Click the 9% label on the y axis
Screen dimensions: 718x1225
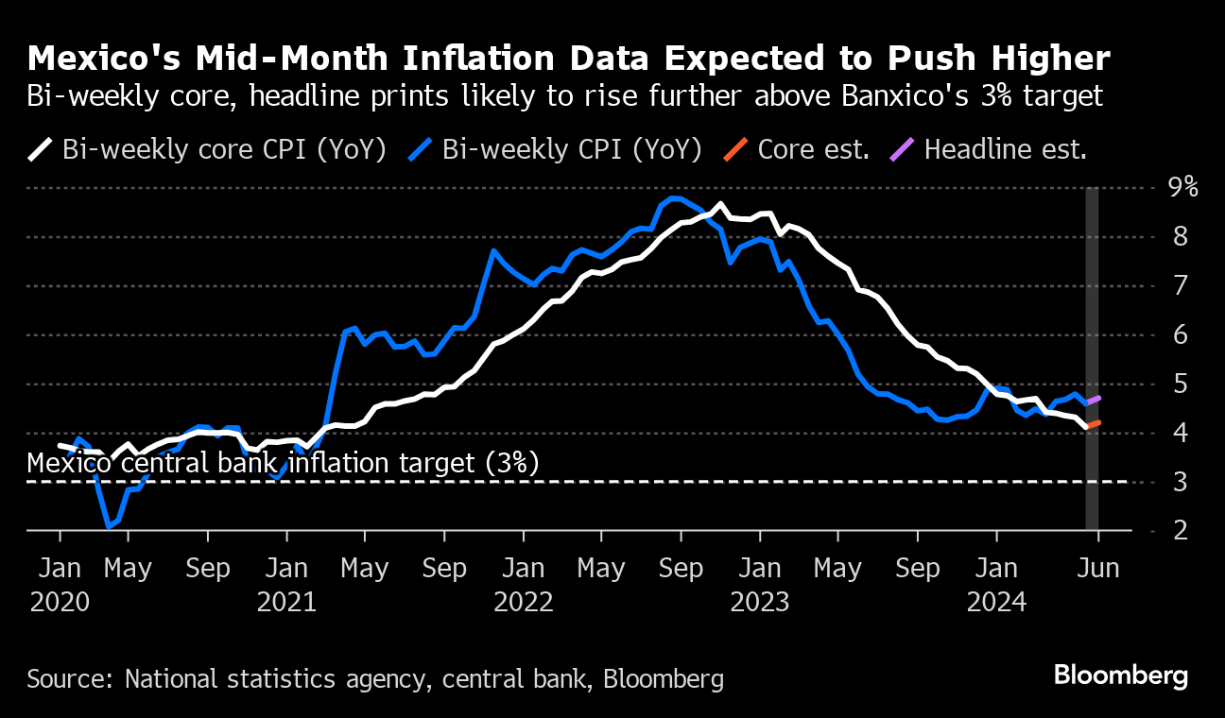(1182, 187)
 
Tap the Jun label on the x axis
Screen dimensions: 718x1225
(1098, 569)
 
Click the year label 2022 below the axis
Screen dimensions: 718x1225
(523, 602)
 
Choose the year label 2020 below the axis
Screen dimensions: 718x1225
(60, 602)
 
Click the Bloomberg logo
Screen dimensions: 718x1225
(1120, 675)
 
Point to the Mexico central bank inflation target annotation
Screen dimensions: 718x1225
(283, 463)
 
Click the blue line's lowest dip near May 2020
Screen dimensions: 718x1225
(110, 525)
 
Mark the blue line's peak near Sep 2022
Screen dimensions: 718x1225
(672, 198)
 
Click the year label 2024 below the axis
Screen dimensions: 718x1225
(996, 602)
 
